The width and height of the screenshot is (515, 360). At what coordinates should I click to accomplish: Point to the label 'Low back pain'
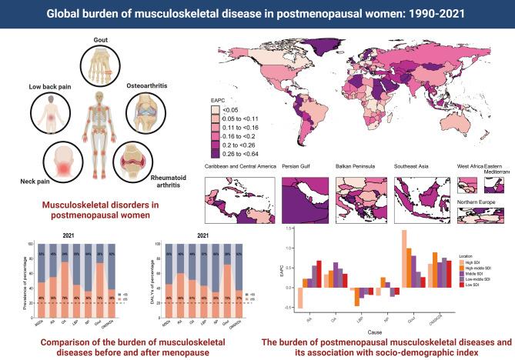tap(51, 87)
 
